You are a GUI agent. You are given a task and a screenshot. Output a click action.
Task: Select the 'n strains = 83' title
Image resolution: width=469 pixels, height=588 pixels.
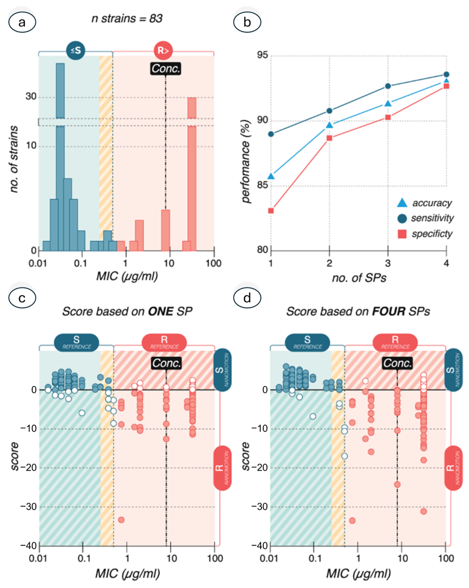[127, 19]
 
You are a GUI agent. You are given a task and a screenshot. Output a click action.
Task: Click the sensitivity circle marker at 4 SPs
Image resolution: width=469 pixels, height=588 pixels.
[446, 75]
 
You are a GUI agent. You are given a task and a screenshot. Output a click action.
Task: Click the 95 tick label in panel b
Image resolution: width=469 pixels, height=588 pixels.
[262, 55]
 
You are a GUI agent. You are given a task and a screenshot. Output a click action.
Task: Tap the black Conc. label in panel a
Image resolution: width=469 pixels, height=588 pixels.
[166, 68]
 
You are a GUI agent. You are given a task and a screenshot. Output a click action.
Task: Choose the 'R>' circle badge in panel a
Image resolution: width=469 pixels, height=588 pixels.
[163, 50]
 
